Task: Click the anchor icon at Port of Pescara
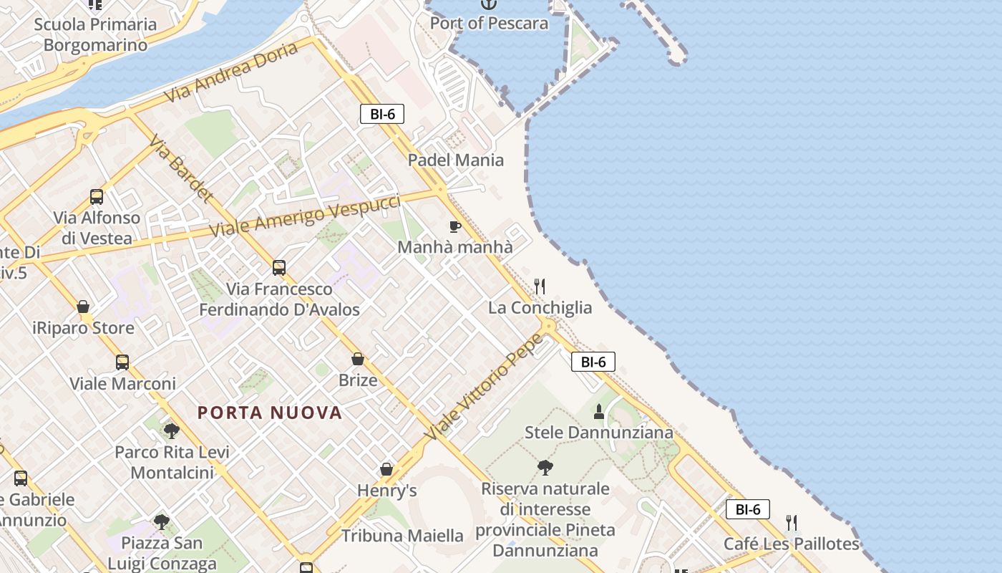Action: [x=488, y=4]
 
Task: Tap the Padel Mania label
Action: [x=456, y=160]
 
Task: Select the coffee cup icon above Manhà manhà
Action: [x=454, y=227]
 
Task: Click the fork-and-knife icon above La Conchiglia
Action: [x=540, y=286]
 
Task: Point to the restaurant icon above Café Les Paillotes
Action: [x=791, y=523]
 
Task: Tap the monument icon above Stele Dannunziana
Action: [x=599, y=412]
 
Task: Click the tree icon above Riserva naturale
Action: [x=545, y=468]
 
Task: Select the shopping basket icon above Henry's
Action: [x=386, y=470]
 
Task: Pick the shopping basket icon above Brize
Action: [x=358, y=359]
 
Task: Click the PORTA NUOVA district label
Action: [x=270, y=413]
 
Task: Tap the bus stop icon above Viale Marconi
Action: [x=122, y=362]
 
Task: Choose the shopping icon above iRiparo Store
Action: [x=83, y=307]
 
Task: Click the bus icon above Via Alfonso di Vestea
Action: [x=97, y=197]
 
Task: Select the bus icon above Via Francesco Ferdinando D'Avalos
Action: [x=279, y=268]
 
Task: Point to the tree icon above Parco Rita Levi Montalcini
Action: [x=171, y=431]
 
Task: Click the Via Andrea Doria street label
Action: [x=230, y=72]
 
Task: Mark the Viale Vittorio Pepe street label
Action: [x=483, y=387]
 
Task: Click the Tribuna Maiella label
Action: [x=402, y=535]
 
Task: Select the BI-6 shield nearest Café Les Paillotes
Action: [x=748, y=509]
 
